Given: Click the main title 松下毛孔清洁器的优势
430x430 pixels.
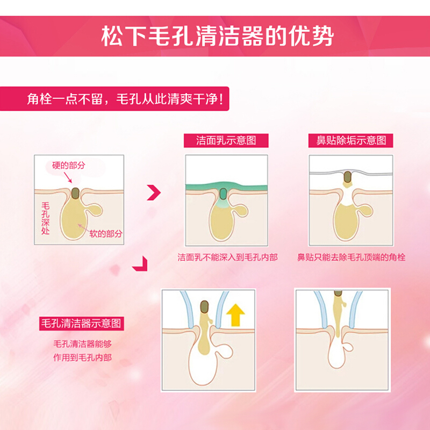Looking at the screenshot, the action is (218, 36).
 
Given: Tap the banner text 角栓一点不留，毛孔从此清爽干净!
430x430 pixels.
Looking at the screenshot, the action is (125, 99).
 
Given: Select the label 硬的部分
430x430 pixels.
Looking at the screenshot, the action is (69, 165).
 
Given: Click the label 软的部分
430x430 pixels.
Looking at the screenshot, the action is (106, 234).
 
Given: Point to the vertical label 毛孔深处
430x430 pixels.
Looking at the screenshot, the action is (46, 219).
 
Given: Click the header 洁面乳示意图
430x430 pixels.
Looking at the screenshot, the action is (226, 140).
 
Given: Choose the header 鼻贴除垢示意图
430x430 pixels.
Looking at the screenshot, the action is (351, 140).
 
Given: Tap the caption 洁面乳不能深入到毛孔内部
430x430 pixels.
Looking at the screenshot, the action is (227, 257).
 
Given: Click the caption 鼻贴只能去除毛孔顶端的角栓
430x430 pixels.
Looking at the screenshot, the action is (352, 257).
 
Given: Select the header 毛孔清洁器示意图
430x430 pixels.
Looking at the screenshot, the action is (82, 324).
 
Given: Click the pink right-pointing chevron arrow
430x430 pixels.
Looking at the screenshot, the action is (154, 192).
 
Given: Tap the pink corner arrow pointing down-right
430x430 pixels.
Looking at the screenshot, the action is (140, 264).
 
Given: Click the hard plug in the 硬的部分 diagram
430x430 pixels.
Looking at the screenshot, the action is (75, 193).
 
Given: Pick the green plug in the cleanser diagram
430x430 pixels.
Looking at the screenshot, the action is (224, 193).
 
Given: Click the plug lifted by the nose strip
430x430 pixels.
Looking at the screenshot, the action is (348, 177).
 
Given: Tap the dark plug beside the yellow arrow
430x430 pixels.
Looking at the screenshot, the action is (205, 307).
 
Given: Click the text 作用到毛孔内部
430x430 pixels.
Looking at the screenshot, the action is (83, 357).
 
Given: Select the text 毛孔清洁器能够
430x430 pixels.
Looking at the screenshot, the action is (83, 344).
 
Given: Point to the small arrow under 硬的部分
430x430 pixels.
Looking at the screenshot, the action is (68, 177).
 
